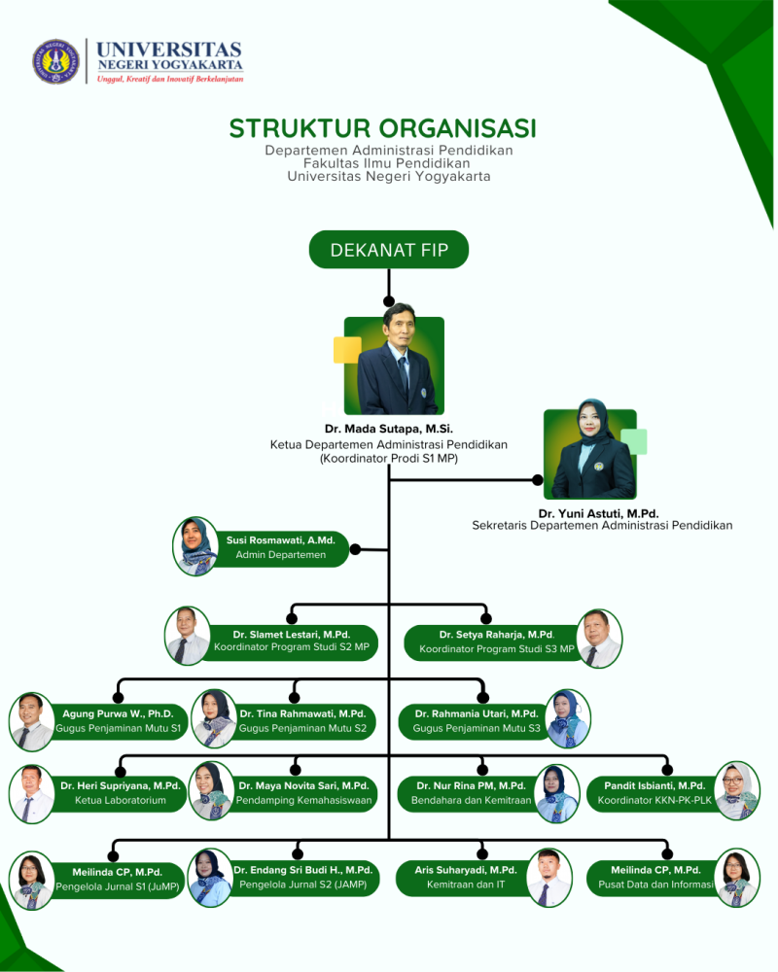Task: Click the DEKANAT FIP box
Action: (x=389, y=250)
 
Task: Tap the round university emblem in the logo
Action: (x=55, y=61)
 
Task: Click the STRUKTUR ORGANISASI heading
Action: (x=382, y=128)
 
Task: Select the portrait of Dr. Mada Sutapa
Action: (x=394, y=365)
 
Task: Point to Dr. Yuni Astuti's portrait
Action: (x=590, y=453)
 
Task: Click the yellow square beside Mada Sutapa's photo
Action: (x=347, y=350)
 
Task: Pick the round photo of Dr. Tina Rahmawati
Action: (x=213, y=718)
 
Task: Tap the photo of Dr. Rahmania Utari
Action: (x=568, y=718)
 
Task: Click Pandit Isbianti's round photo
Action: (x=736, y=791)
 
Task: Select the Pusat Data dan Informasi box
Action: (x=654, y=878)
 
